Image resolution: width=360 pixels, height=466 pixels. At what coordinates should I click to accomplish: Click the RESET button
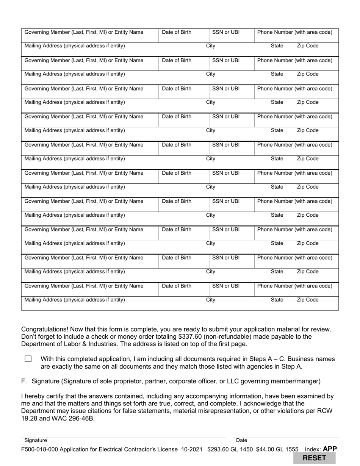click(314, 458)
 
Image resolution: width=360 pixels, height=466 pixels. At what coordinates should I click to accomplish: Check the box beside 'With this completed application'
click(28, 359)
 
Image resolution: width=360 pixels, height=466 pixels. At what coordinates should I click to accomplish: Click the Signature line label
click(36, 440)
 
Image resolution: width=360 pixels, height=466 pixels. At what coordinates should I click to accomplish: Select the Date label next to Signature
click(241, 440)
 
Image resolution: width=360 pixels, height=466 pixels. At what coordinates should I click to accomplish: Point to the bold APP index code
click(330, 449)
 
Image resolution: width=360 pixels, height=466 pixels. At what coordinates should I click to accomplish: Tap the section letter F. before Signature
click(24, 381)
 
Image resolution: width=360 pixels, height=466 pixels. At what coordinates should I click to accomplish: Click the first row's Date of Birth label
click(177, 32)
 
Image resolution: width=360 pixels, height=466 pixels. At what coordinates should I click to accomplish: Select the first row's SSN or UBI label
click(226, 32)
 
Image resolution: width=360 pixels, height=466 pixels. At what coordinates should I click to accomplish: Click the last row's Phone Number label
click(294, 286)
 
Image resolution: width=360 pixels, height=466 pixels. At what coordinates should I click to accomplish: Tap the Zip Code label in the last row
click(307, 300)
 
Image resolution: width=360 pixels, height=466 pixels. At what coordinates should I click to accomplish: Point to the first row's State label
click(277, 46)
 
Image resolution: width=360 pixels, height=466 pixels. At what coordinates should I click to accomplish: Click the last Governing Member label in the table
click(84, 286)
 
